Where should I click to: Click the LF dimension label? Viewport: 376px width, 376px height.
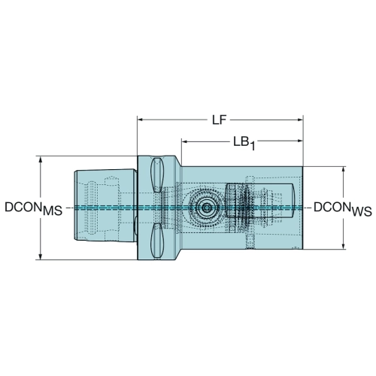pyautogui.click(x=220, y=120)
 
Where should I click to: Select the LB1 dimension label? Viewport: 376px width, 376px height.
pyautogui.click(x=244, y=144)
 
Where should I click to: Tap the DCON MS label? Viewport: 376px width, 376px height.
pyautogui.click(x=33, y=208)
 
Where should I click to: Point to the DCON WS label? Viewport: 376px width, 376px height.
pyautogui.click(x=343, y=209)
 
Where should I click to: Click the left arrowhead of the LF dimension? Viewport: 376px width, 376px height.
pyautogui.click(x=141, y=120)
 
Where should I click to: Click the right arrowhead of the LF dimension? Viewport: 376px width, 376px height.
pyautogui.click(x=300, y=120)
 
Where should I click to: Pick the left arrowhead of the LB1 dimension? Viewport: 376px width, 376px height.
pyautogui.click(x=185, y=141)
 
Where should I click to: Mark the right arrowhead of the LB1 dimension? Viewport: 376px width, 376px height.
pyautogui.click(x=300, y=141)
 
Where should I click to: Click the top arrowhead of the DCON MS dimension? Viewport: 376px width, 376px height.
pyautogui.click(x=40, y=159)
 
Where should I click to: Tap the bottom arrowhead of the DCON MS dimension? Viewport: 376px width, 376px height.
pyautogui.click(x=40, y=256)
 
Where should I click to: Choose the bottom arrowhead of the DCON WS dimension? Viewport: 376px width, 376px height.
pyautogui.click(x=344, y=246)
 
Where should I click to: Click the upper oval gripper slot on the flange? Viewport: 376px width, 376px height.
pyautogui.click(x=157, y=175)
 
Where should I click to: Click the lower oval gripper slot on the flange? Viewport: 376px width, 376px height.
pyautogui.click(x=157, y=241)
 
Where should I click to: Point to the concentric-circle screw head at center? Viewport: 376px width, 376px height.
pyautogui.click(x=207, y=208)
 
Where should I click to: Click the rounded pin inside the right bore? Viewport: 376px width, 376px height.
pyautogui.click(x=260, y=200)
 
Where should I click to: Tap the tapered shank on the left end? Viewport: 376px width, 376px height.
pyautogui.click(x=105, y=205)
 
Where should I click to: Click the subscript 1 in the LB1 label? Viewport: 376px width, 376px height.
pyautogui.click(x=252, y=147)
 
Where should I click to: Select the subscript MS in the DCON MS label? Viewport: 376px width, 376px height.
pyautogui.click(x=53, y=211)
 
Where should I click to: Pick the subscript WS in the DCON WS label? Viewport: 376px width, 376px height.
pyautogui.click(x=362, y=211)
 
